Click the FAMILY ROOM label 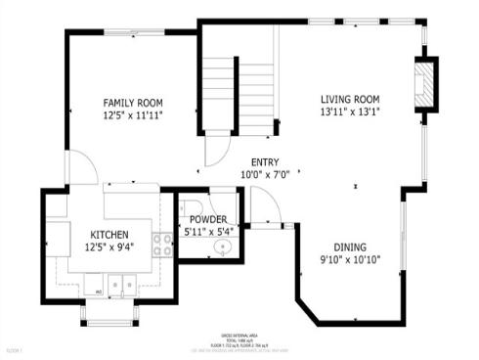(x=133, y=103)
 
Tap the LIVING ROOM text (x=350, y=99)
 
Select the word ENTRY (x=264, y=162)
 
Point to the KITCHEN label (x=109, y=235)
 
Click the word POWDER (x=207, y=219)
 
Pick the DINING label (x=351, y=247)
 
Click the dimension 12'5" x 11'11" (x=133, y=115)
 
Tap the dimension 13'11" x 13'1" (x=350, y=112)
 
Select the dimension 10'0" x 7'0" (x=264, y=175)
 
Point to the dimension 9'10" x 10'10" (x=351, y=260)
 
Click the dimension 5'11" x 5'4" (x=207, y=232)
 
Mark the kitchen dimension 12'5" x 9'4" (x=109, y=247)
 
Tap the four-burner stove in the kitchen (x=162, y=244)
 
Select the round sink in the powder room (x=223, y=247)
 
